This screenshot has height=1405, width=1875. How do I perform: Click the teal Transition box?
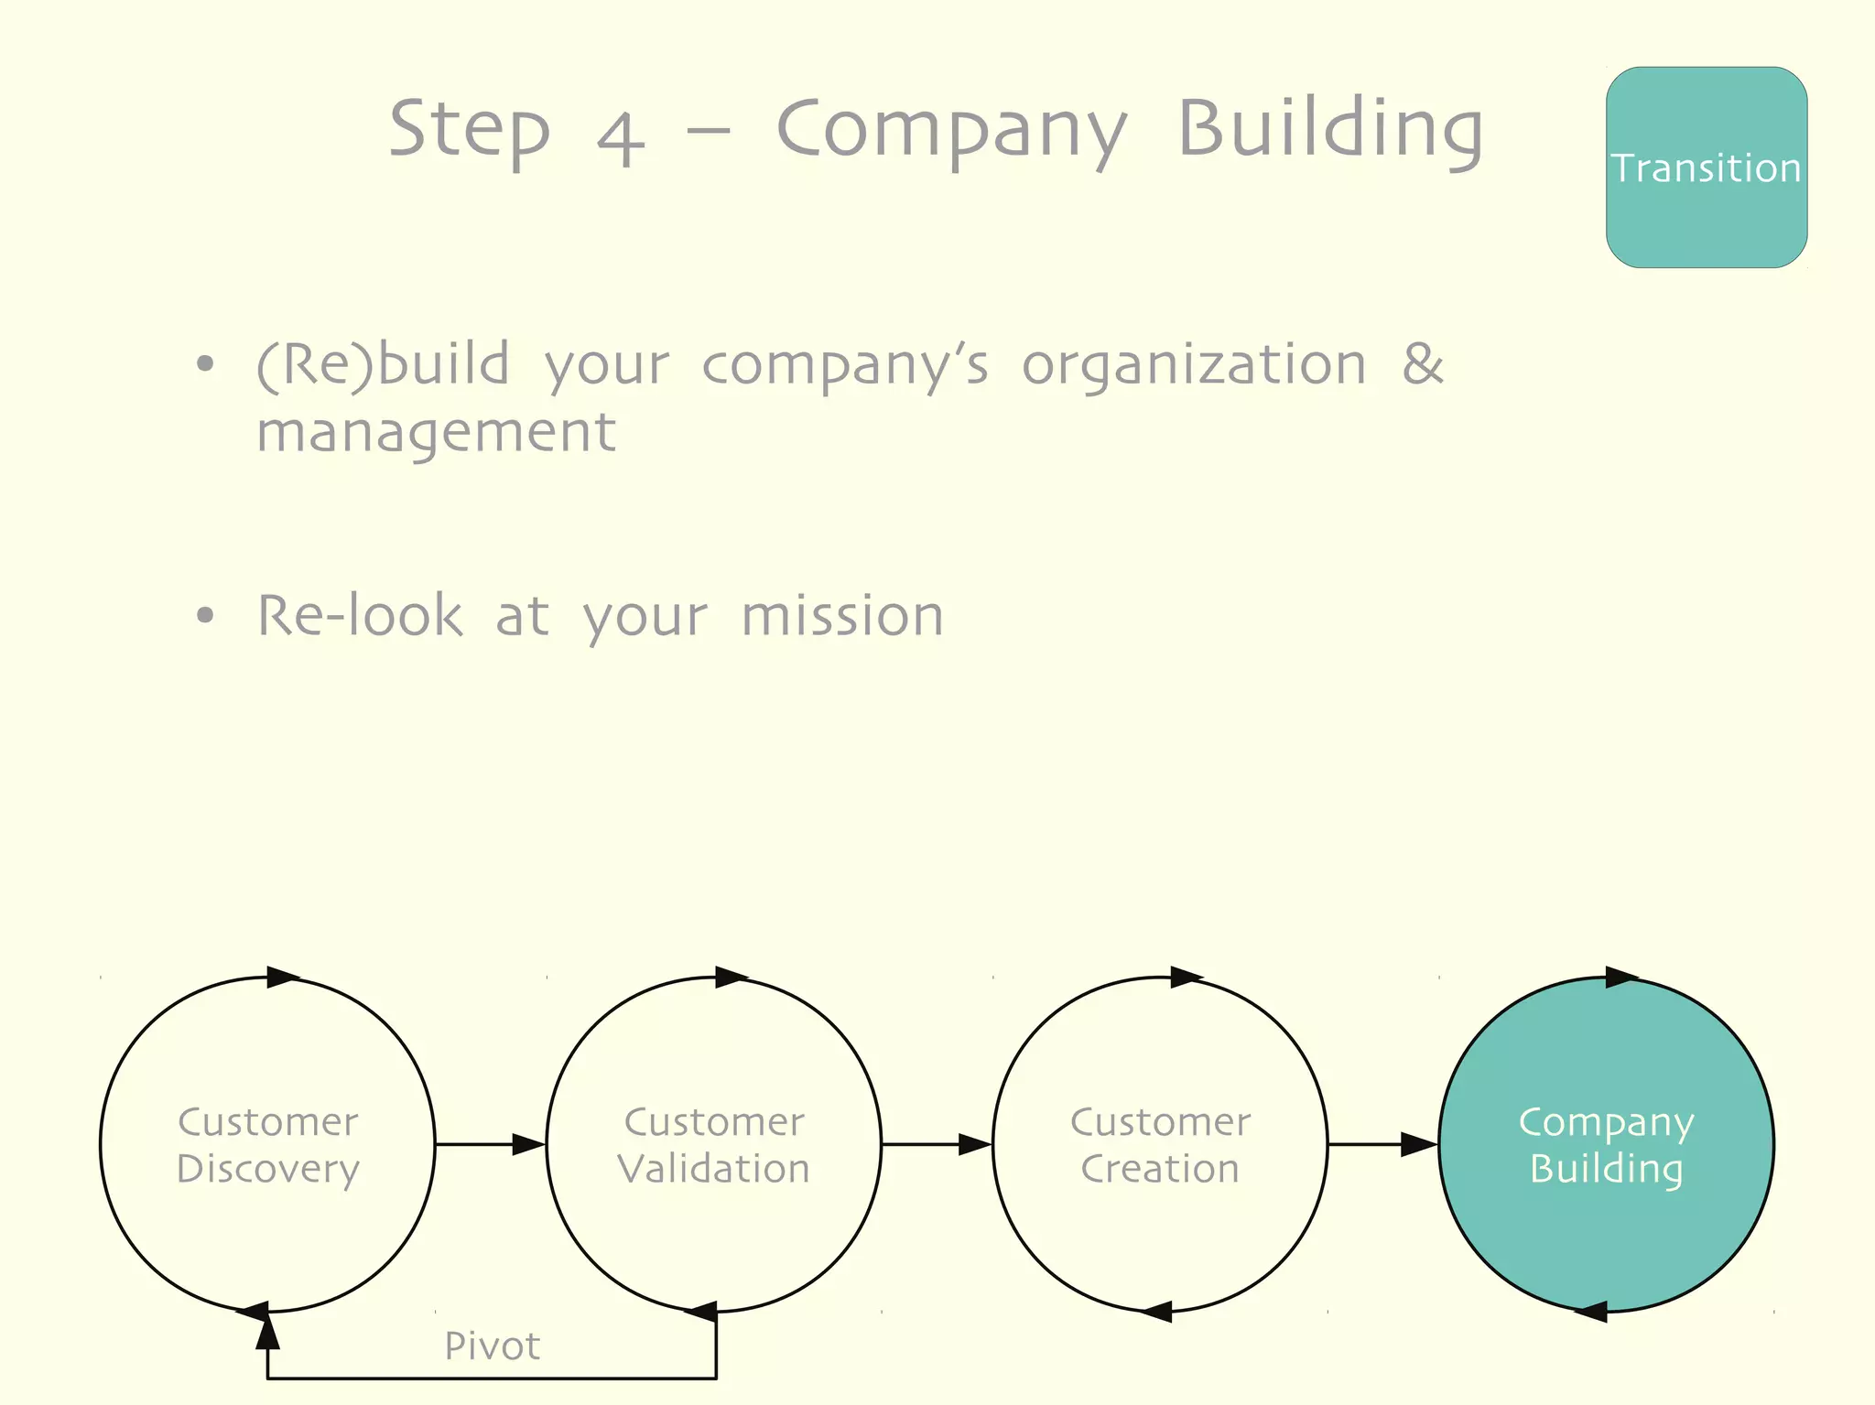point(1706,168)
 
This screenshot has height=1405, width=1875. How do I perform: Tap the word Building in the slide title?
point(1329,131)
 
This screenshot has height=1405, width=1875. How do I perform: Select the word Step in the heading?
point(469,131)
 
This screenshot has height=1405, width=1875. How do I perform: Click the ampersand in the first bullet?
point(1422,363)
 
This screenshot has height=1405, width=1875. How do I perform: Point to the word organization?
point(1193,365)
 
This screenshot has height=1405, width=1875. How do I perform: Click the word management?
point(436,432)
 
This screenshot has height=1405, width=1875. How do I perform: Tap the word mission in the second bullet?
point(841,615)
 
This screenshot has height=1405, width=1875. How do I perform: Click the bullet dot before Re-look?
point(205,616)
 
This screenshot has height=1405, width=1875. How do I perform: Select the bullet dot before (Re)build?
point(205,364)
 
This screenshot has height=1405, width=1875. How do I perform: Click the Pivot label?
point(492,1346)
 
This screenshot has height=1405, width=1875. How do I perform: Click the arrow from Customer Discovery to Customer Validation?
point(490,1144)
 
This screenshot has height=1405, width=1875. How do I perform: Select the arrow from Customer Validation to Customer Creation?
point(937,1144)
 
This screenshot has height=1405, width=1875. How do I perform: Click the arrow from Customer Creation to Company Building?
point(1382,1144)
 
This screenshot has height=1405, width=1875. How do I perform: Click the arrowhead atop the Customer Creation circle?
point(1185,977)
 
